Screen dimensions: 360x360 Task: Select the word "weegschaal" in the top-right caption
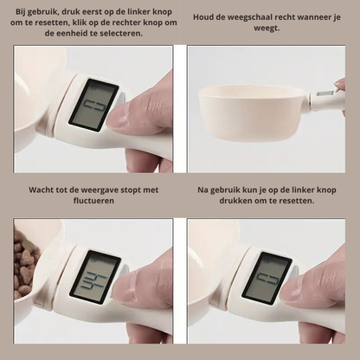point(250,17)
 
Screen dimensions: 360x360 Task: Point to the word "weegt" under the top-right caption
point(267,29)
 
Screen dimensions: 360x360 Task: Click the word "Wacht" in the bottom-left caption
point(39,190)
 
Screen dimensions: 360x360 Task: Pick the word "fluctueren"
point(93,201)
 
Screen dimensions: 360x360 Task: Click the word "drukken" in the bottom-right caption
point(235,201)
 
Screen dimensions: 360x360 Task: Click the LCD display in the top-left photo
point(94,105)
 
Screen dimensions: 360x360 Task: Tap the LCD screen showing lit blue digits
point(95,274)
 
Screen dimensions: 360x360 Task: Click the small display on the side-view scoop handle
point(325,93)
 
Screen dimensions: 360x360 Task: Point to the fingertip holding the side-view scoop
point(340,84)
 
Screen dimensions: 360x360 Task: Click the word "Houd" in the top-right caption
point(202,17)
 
